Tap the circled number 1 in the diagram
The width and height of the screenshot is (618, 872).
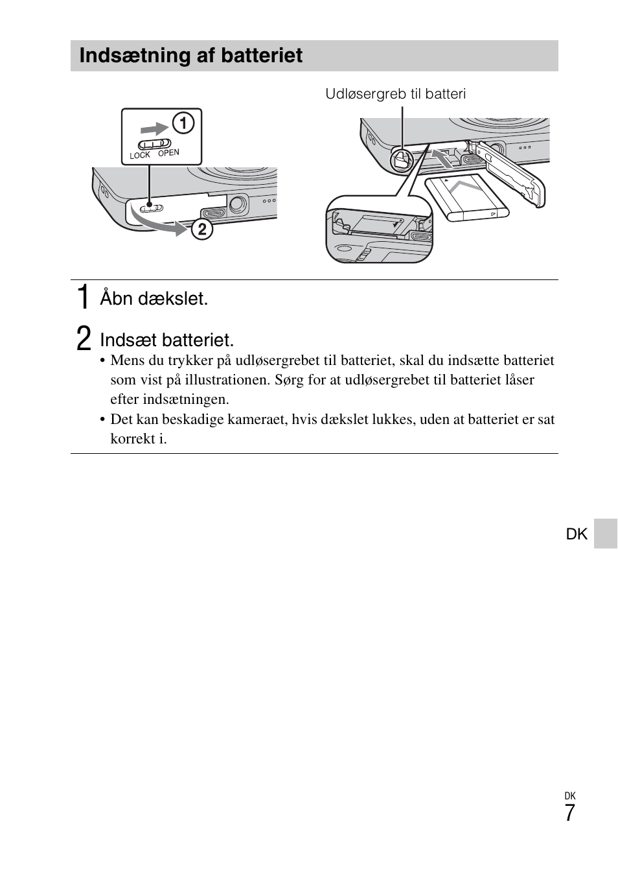[x=183, y=123]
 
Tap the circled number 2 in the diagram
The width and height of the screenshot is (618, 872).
[x=201, y=229]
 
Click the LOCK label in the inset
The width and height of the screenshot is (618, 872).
[x=140, y=156]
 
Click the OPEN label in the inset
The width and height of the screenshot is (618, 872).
[x=168, y=153]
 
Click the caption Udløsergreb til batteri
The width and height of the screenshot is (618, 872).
[x=395, y=94]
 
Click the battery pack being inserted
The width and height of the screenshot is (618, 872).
[x=466, y=198]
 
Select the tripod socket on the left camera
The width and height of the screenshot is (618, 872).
[x=238, y=204]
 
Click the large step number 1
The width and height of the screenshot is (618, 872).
[x=82, y=298]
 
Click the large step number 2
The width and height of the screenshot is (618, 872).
[x=83, y=339]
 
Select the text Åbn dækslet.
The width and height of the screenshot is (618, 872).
[x=154, y=299]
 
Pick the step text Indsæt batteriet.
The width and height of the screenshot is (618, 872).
[x=166, y=340]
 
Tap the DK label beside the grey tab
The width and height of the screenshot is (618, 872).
[x=577, y=534]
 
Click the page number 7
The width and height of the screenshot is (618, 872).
[x=569, y=813]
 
